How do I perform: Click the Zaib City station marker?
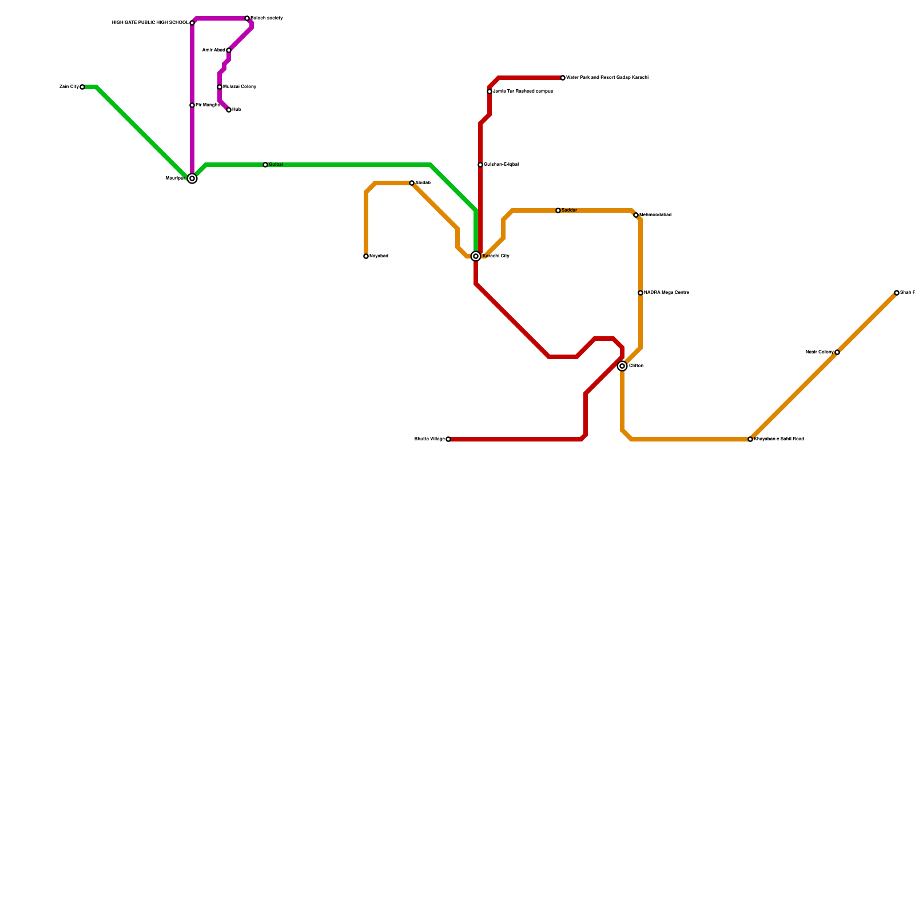82,87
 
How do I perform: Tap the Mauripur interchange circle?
192,178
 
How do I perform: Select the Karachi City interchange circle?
476,256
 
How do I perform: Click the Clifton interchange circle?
622,366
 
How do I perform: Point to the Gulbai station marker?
265,165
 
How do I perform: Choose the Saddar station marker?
558,210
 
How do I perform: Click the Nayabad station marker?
366,256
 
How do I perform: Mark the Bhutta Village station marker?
448,439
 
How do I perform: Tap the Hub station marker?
229,110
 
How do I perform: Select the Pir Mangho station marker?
192,105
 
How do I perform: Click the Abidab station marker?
412,183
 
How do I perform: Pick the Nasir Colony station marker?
837,352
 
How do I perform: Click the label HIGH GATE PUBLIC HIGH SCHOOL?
150,23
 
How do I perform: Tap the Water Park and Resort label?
607,78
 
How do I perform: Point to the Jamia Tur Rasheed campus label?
523,91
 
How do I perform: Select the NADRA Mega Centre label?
666,293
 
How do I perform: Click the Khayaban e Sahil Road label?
779,439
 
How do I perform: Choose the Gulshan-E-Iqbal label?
501,165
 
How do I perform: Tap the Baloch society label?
266,18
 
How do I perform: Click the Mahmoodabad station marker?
636,215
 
